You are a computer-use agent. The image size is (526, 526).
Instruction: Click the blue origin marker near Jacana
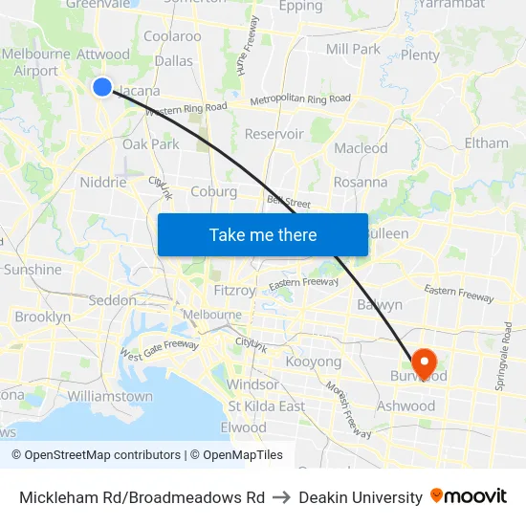(102, 87)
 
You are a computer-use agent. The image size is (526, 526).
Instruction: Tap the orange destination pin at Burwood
(423, 362)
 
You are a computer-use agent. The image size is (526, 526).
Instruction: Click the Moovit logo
(469, 496)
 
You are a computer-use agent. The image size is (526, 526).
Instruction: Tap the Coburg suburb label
(213, 191)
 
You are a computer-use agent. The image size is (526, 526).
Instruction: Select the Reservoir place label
(274, 134)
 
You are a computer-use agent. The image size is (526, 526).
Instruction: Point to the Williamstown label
(110, 396)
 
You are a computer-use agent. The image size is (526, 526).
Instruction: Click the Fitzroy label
(234, 290)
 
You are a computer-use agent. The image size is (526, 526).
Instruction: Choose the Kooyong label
(314, 362)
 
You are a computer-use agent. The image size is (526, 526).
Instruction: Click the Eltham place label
(486, 142)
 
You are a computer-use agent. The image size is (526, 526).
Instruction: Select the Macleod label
(361, 148)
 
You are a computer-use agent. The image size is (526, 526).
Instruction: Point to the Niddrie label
(103, 182)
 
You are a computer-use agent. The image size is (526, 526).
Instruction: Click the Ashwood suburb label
(406, 405)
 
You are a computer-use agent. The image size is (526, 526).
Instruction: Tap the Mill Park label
(353, 49)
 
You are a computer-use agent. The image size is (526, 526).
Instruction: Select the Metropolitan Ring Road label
(300, 99)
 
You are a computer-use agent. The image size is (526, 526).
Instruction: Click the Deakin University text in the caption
(361, 497)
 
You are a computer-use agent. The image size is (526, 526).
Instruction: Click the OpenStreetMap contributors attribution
(96, 455)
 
